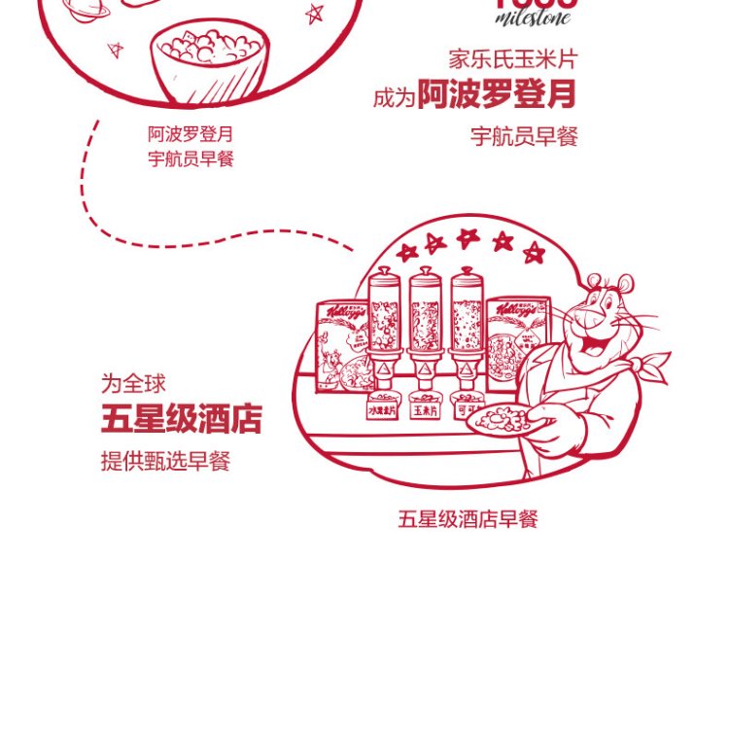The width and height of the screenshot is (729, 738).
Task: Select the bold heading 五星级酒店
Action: coord(182,420)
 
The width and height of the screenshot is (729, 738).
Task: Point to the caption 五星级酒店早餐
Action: coord(468,519)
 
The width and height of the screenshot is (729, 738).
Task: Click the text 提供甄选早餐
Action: coord(165,461)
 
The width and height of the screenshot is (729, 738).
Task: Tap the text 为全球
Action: coord(133,383)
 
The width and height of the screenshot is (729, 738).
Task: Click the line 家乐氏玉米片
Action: coord(513,59)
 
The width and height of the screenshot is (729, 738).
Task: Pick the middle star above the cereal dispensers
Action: coord(469,237)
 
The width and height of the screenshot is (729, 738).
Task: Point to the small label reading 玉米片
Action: coord(426,411)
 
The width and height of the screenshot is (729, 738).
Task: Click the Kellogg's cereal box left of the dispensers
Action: coord(342,344)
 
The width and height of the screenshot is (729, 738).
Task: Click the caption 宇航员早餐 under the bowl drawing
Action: coord(191,158)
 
